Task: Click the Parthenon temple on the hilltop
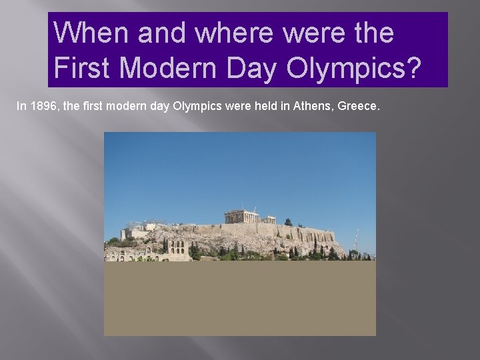[x=241, y=216]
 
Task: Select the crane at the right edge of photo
[x=357, y=240]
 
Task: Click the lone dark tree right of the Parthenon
[x=288, y=222]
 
